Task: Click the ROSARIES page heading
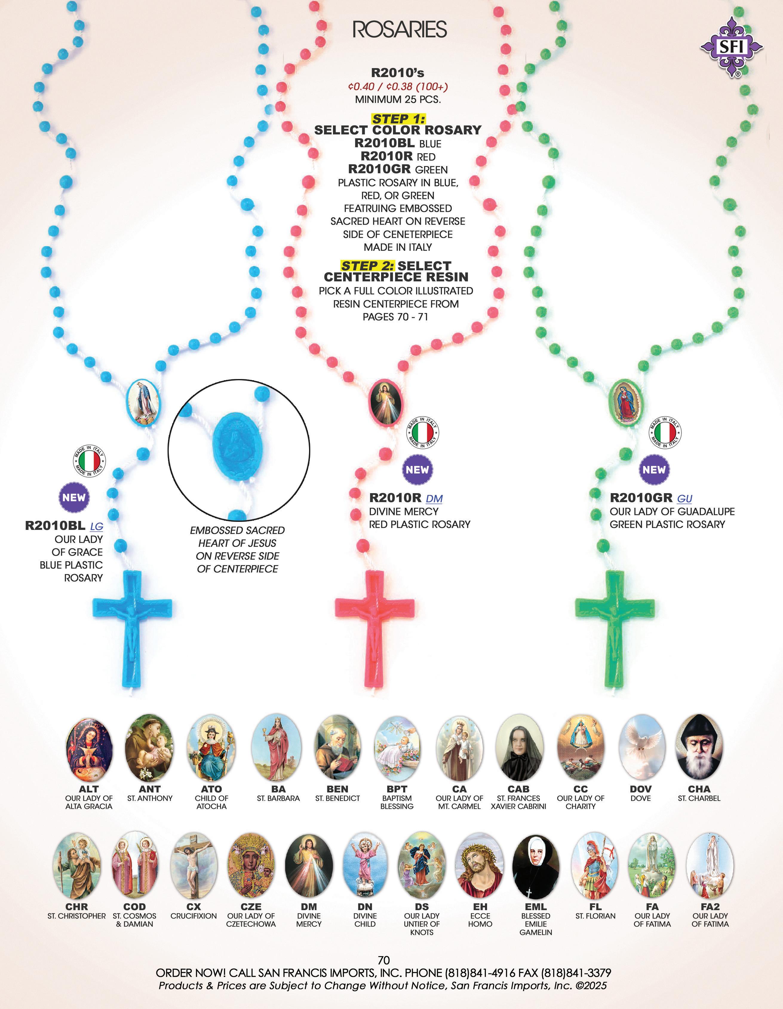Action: [x=400, y=30]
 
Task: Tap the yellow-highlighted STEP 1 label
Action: [x=398, y=119]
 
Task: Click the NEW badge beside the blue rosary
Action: [x=74, y=498]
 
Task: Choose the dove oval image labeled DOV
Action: [x=641, y=748]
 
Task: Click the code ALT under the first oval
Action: [x=89, y=789]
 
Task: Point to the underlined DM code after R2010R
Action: [x=434, y=499]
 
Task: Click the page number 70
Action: [x=384, y=960]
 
